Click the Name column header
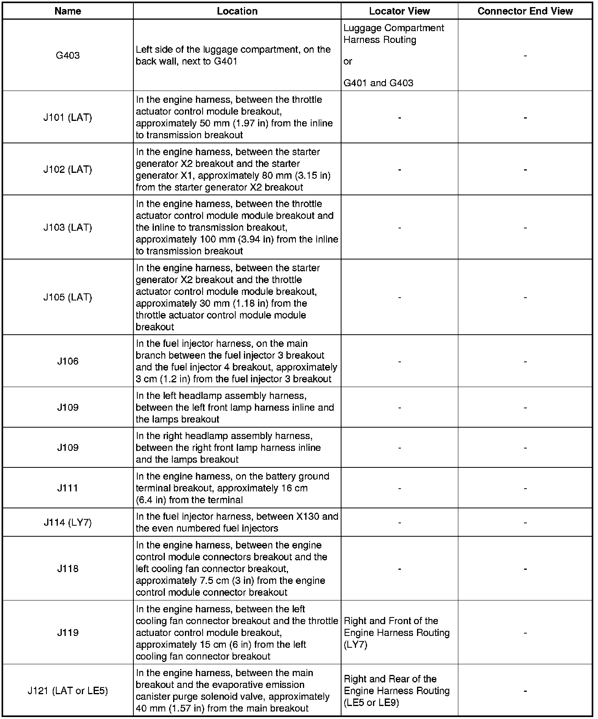68,11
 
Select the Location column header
237,11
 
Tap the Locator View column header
399,11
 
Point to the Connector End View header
525,11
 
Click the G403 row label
68,56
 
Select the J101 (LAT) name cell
68,117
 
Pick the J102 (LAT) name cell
68,169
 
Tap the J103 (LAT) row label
68,227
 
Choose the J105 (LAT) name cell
68,297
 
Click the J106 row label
68,361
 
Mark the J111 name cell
68,488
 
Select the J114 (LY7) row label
68,523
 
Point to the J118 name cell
68,569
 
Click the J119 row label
68,632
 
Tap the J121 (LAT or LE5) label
68,691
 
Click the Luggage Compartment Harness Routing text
393,34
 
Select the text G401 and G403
378,83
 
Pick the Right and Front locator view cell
397,632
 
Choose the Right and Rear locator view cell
397,691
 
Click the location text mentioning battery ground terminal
233,488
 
